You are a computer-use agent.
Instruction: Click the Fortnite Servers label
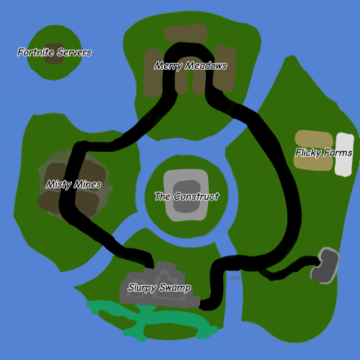click(54, 52)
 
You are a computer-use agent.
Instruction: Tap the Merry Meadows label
click(191, 66)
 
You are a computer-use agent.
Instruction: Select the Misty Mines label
click(73, 184)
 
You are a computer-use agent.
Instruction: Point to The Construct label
click(186, 197)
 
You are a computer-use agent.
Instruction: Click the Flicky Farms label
click(323, 153)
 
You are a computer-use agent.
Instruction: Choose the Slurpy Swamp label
click(159, 287)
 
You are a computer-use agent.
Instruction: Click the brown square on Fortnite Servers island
click(54, 53)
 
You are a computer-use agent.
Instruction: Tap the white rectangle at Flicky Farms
click(344, 154)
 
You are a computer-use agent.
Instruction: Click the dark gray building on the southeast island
click(325, 266)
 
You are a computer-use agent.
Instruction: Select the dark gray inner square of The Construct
click(186, 197)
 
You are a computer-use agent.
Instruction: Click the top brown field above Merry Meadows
click(186, 33)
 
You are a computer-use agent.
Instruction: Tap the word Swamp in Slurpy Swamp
click(175, 287)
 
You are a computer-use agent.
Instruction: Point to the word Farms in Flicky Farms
click(338, 153)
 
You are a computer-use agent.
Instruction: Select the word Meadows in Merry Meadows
click(207, 66)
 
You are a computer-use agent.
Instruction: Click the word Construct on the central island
click(196, 197)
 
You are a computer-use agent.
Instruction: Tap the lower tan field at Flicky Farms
click(313, 163)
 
